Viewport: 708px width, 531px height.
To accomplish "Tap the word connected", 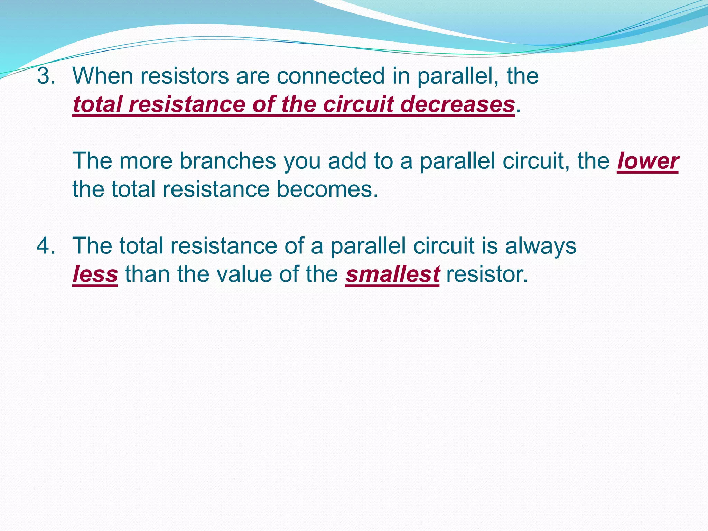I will coord(330,76).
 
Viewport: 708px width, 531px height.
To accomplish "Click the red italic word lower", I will coord(648,161).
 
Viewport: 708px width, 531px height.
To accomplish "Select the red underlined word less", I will coord(95,274).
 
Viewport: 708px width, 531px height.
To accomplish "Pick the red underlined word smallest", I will coord(392,274).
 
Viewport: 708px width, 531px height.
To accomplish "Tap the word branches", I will coord(228,161).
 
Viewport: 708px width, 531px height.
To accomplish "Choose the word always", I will coord(541,246).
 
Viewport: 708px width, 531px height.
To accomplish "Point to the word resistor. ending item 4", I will coord(487,274).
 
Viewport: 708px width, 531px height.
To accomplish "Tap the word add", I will coord(347,161).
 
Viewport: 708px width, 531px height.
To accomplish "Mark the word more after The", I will coord(146,161).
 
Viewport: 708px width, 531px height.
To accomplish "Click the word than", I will coord(147,274).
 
